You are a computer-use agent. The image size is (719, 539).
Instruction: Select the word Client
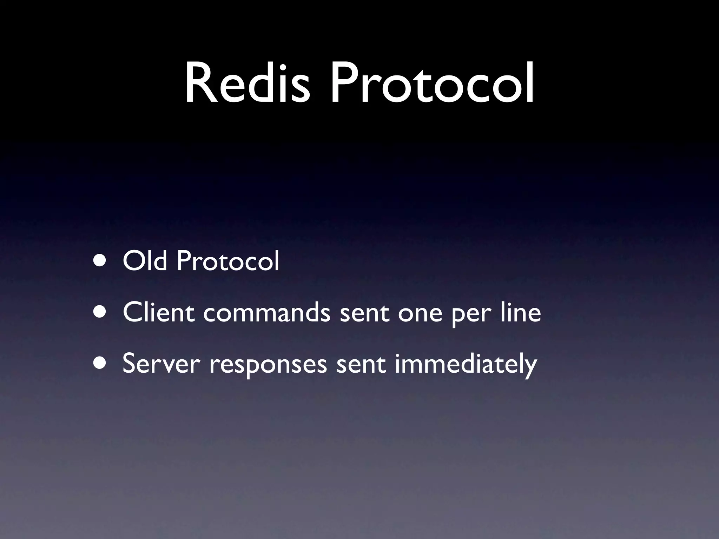coord(158,312)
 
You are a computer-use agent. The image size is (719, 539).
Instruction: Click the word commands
coord(266,312)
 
